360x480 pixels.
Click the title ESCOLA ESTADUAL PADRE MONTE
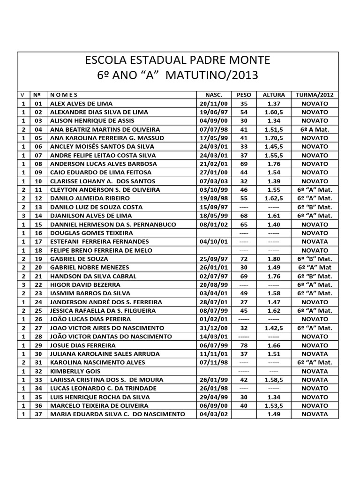[177, 60]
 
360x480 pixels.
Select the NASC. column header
[213, 94]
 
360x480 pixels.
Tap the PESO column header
[244, 94]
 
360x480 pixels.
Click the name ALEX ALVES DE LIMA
[81, 103]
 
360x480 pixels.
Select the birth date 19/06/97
[213, 112]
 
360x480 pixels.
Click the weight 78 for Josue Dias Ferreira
[244, 345]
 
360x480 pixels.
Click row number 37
[38, 414]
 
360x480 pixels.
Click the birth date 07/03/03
[213, 181]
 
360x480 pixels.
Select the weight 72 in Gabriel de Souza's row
[244, 259]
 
